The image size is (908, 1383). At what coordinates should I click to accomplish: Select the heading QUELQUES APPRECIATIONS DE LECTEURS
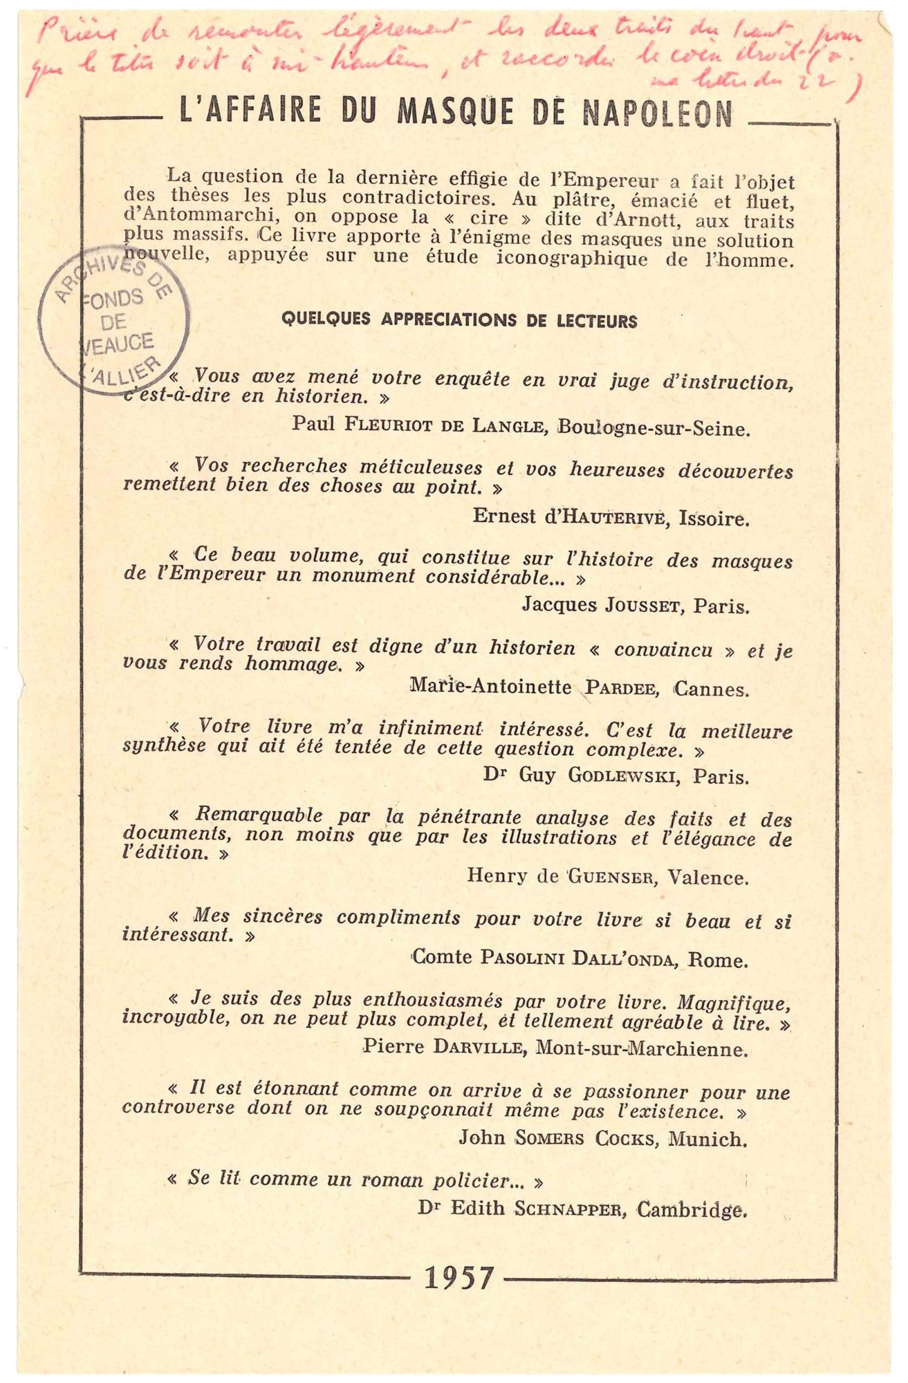tap(459, 321)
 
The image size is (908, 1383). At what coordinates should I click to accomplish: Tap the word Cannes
tap(711, 689)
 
